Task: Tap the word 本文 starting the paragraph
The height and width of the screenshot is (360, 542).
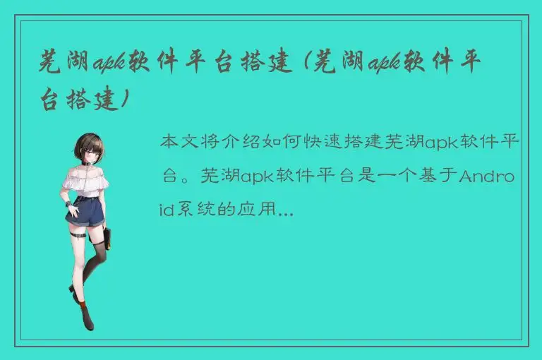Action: tap(181, 142)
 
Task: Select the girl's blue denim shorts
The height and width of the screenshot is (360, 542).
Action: tap(87, 211)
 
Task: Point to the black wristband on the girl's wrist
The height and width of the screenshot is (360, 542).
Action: tap(69, 204)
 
